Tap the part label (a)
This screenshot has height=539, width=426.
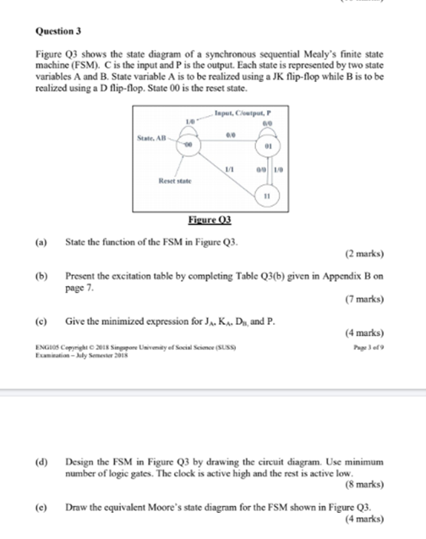point(39,242)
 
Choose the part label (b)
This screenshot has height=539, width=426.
point(39,276)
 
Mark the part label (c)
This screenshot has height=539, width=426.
point(39,322)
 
